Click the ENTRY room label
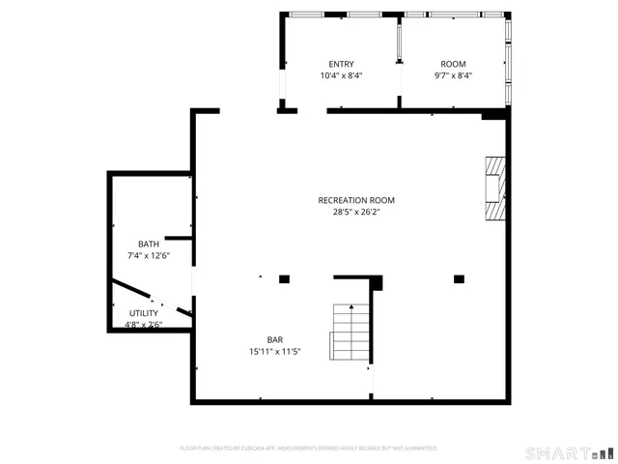[342, 64]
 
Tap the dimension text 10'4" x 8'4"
[342, 75]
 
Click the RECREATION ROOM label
[356, 200]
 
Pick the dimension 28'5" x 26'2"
[356, 212]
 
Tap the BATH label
[149, 245]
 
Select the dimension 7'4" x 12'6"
[149, 256]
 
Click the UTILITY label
[145, 313]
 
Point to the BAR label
[275, 339]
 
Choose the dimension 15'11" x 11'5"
[275, 351]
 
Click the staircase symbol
[350, 332]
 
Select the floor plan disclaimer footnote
[309, 449]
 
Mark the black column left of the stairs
[284, 279]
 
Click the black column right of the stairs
[459, 279]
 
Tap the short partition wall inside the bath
[179, 237]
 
